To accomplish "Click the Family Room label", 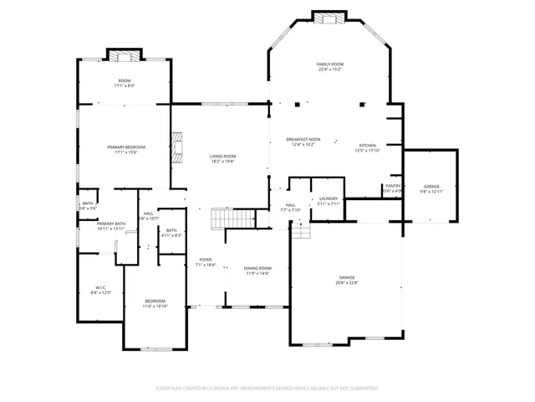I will pos(330,67).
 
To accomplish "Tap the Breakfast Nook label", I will pos(303,142).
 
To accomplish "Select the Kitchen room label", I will pos(368,147).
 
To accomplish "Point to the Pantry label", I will pos(393,188).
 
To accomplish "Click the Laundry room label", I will pos(329,200).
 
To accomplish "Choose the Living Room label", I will pos(222,158).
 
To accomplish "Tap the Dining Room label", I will pos(257,270).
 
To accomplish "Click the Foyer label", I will pos(206,262).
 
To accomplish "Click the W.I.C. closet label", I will pos(100,290).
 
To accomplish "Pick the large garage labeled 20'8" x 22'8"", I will pos(347,280).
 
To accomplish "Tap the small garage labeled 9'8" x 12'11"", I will pos(431,188).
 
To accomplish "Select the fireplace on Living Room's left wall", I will pos(176,144).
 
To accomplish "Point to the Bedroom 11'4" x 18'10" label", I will pos(155,303).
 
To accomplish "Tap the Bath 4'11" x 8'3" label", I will pos(171,233).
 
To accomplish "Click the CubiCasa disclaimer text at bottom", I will pos(267,388).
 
